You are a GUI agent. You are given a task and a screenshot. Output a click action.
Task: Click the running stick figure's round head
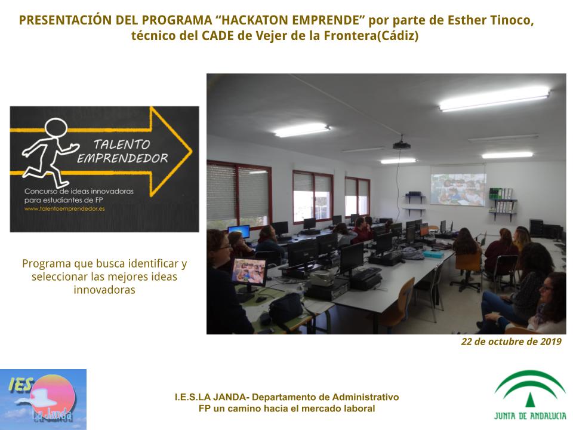pos(56,128)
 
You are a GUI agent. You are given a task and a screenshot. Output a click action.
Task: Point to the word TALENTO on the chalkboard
pos(122,145)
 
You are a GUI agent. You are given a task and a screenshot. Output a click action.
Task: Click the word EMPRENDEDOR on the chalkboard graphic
pos(122,158)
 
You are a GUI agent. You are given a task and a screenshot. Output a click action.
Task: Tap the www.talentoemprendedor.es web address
pos(64,209)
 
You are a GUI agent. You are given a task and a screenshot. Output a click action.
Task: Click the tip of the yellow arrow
pos(191,150)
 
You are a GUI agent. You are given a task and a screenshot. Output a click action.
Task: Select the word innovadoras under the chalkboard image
pos(104,290)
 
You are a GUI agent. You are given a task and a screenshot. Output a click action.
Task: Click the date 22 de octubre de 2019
pos(512,342)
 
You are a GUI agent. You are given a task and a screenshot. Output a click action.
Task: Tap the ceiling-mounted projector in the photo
pos(402,145)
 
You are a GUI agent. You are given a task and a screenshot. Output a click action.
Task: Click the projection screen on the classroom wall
pos(458,185)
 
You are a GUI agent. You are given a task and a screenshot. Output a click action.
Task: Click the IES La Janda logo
pos(43,400)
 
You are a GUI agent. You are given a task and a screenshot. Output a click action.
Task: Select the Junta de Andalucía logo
pos(530,395)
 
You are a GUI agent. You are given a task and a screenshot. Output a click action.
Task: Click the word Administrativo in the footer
pos(365,397)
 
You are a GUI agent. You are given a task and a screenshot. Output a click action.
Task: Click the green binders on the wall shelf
pos(496,193)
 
